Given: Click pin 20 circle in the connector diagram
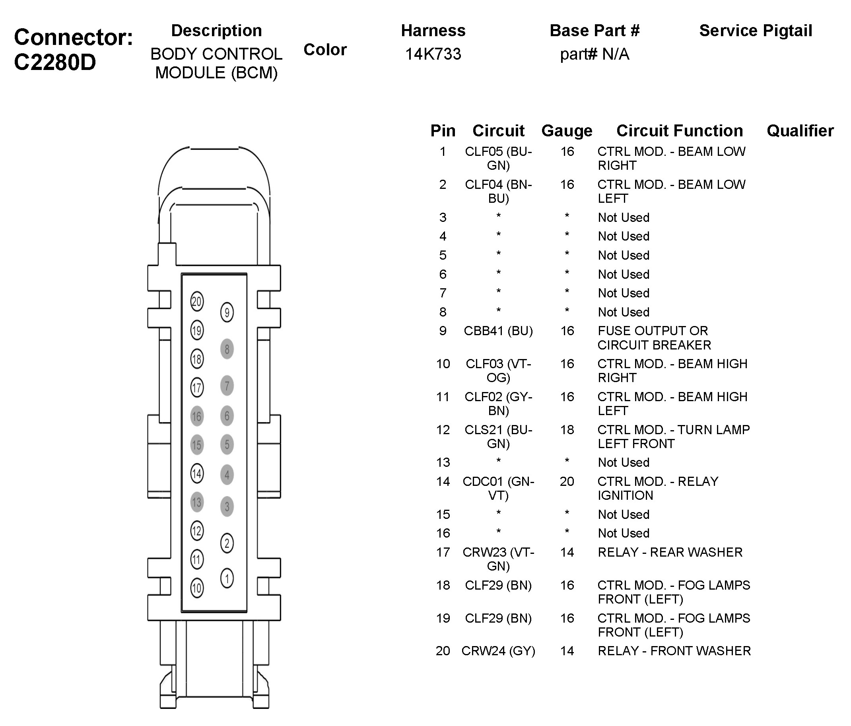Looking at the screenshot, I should [197, 302].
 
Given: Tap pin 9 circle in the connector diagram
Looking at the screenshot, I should [227, 313].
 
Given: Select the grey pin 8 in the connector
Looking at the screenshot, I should [227, 349].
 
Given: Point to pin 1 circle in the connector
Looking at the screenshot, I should [227, 578].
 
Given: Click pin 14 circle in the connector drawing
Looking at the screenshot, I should [197, 474].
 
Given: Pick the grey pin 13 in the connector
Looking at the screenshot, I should [197, 502].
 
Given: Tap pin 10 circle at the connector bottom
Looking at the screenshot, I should [197, 588].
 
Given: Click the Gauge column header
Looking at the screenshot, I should [567, 130].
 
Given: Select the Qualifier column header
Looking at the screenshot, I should [800, 130].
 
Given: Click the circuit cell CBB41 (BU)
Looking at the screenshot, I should [498, 331].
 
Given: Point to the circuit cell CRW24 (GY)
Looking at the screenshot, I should [498, 651].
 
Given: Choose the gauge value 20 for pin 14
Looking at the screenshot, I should [567, 481].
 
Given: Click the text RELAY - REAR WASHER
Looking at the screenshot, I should [670, 552].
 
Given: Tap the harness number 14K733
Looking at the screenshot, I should [433, 54].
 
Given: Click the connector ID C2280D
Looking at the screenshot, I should [55, 62].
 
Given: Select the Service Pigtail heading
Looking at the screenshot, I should [756, 31].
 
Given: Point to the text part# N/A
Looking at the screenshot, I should [594, 54].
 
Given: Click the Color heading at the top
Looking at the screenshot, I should [325, 50].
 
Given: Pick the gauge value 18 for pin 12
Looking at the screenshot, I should [567, 430].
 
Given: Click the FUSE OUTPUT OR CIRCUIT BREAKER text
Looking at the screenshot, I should [654, 338].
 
